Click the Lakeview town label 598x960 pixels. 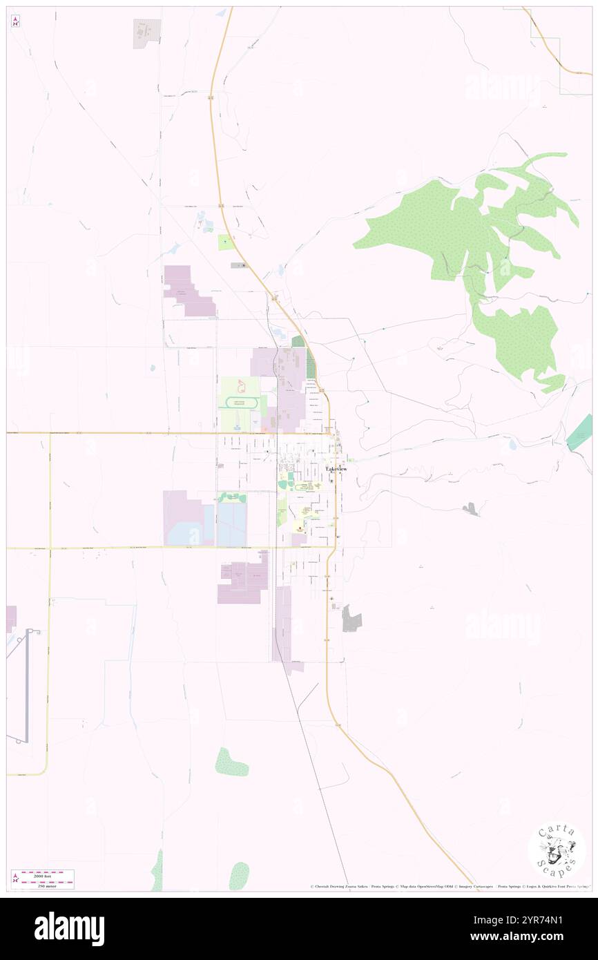(336, 469)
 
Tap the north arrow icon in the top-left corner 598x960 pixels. (15, 21)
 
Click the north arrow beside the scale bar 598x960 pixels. (15, 878)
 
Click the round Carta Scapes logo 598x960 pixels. (557, 851)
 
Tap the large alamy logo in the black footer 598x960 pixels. (69, 929)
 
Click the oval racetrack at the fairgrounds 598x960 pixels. (238, 403)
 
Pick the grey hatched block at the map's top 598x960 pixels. (146, 33)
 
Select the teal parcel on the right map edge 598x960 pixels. (580, 432)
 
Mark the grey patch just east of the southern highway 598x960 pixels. (351, 618)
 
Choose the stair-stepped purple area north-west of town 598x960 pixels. (188, 291)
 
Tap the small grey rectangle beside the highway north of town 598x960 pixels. (239, 265)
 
